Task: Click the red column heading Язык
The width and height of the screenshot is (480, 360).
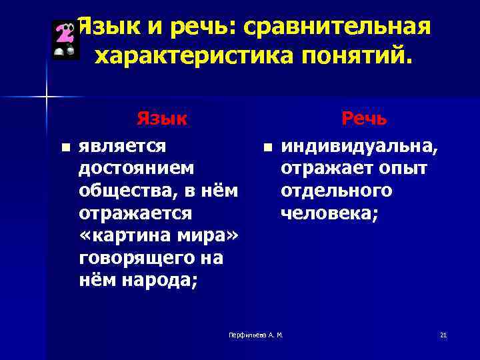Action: tap(161, 119)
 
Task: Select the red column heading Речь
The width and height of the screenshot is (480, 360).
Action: tap(363, 119)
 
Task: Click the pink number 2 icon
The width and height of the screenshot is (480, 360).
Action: tap(65, 40)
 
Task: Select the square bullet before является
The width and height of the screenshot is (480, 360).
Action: tap(63, 147)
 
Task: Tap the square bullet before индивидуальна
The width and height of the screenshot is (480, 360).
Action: tap(266, 147)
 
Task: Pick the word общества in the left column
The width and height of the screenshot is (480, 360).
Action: tap(124, 191)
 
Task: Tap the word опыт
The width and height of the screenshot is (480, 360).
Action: tap(403, 168)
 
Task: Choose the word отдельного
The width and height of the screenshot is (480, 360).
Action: tap(336, 191)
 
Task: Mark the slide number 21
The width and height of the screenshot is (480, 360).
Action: tap(443, 334)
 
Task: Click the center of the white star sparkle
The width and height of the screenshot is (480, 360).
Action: tap(46, 97)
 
